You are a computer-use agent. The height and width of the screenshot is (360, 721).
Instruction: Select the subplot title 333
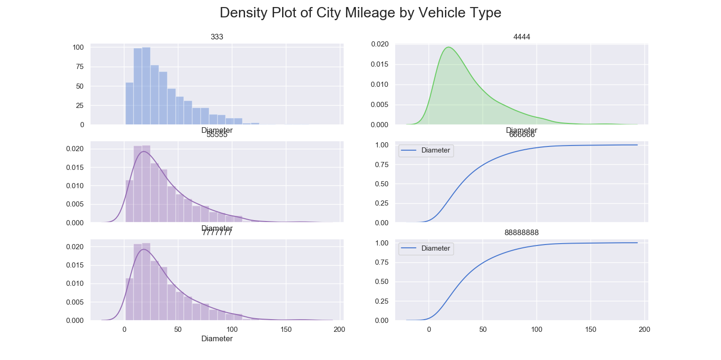(x=217, y=37)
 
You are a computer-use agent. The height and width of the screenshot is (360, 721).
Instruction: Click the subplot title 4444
(x=522, y=37)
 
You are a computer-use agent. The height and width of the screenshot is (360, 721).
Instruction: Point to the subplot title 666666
(x=522, y=135)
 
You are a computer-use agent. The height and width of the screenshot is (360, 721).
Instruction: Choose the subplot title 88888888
(x=522, y=233)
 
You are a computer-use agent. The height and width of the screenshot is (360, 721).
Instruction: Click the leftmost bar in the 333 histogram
(x=129, y=104)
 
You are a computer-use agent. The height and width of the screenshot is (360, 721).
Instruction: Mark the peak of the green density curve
(x=449, y=47)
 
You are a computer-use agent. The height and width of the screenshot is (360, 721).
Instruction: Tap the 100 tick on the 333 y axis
(x=78, y=47)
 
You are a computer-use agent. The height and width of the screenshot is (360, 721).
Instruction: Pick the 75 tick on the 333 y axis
(x=80, y=67)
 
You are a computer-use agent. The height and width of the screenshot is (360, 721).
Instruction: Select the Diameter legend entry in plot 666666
(x=435, y=151)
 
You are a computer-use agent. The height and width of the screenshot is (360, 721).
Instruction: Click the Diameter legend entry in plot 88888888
(x=435, y=248)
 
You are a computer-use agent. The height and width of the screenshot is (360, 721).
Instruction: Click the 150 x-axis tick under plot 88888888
(x=591, y=329)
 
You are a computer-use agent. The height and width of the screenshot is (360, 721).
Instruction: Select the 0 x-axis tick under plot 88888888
(x=429, y=329)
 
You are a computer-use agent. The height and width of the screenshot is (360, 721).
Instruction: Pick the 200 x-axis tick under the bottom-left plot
(x=339, y=329)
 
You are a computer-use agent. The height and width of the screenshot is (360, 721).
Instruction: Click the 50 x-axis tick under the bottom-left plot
(x=178, y=329)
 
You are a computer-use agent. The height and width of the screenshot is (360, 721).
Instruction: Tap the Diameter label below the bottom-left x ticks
(x=217, y=338)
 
